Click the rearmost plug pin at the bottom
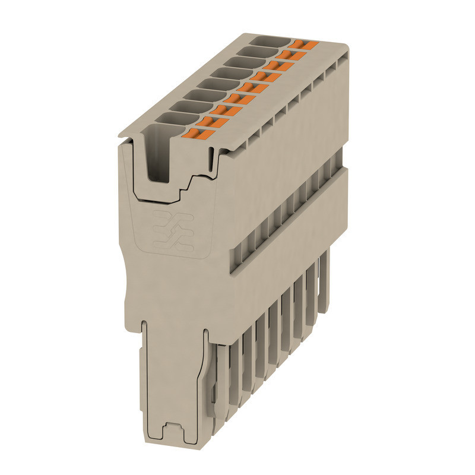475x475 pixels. [324, 282]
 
